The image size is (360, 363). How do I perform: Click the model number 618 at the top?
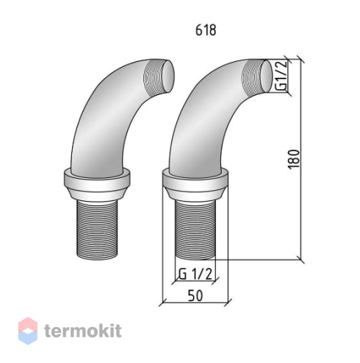pyautogui.click(x=206, y=30)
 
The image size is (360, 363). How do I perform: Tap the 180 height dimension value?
pyautogui.click(x=294, y=159)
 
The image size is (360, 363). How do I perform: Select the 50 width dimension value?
pyautogui.click(x=195, y=295)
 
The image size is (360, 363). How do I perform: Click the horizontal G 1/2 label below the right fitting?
pyautogui.click(x=195, y=274)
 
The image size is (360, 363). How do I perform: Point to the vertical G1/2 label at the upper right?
pyautogui.click(x=281, y=75)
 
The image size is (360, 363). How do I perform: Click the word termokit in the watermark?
pyautogui.click(x=83, y=331)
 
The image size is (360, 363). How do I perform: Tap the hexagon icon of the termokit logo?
pyautogui.click(x=28, y=331)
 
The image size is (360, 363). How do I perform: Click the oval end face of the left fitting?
pyautogui.click(x=168, y=76)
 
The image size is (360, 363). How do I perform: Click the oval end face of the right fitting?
pyautogui.click(x=266, y=76)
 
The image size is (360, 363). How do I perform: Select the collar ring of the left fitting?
pyautogui.click(x=97, y=184)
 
